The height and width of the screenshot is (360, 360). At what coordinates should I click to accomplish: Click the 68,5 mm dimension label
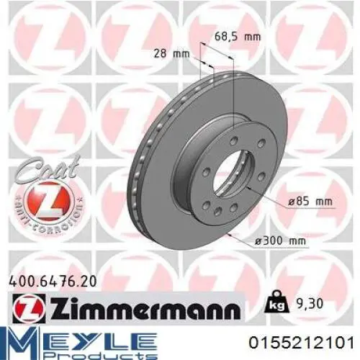[x=237, y=37]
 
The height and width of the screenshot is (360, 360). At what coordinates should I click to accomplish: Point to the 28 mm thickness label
[x=171, y=53]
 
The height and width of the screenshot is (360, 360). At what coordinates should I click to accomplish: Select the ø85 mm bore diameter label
[x=310, y=201]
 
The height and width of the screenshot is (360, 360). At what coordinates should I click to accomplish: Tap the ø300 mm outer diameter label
[x=280, y=241]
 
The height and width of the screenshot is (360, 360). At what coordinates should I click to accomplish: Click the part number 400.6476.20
[x=53, y=282]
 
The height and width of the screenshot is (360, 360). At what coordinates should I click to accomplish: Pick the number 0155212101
[x=302, y=343]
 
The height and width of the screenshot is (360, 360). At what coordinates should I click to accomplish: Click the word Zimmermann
[x=143, y=308]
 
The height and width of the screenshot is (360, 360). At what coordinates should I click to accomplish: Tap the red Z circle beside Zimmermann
[x=28, y=308]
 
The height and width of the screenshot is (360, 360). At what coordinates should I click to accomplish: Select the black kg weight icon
[x=276, y=302]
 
